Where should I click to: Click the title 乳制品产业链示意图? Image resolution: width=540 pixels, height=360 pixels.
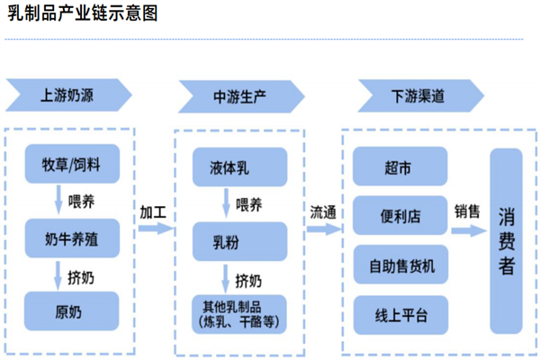tap(83, 15)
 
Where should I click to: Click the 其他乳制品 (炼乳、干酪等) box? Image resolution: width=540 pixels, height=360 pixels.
tap(239, 310)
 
